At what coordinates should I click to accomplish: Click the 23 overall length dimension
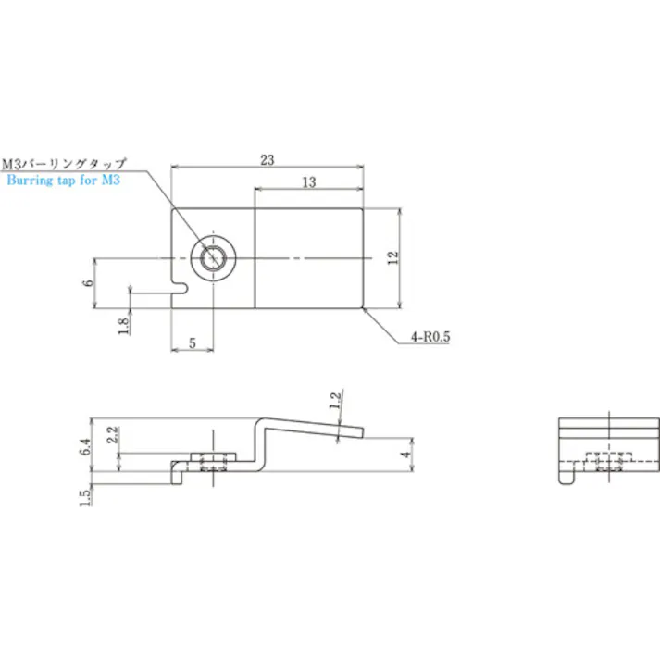(x=268, y=160)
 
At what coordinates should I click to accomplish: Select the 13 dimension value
(x=309, y=182)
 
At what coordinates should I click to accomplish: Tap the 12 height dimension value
(x=392, y=257)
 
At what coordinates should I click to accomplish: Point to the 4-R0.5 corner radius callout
(x=430, y=337)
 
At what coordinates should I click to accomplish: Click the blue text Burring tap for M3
(x=64, y=181)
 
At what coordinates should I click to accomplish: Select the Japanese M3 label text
(x=64, y=163)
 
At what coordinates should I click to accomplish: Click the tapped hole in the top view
(x=213, y=257)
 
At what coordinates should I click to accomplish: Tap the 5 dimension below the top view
(x=193, y=343)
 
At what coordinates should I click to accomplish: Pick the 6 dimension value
(x=88, y=282)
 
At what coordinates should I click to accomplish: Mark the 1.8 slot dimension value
(x=123, y=326)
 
